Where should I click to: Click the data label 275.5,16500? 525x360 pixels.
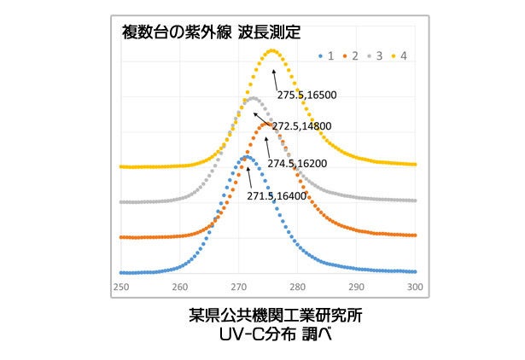click(306, 95)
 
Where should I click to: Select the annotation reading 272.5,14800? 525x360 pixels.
click(301, 126)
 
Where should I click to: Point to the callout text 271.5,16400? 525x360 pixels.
click(277, 195)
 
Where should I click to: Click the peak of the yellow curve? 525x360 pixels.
click(272, 50)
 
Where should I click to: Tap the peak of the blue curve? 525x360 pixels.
click(247, 157)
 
